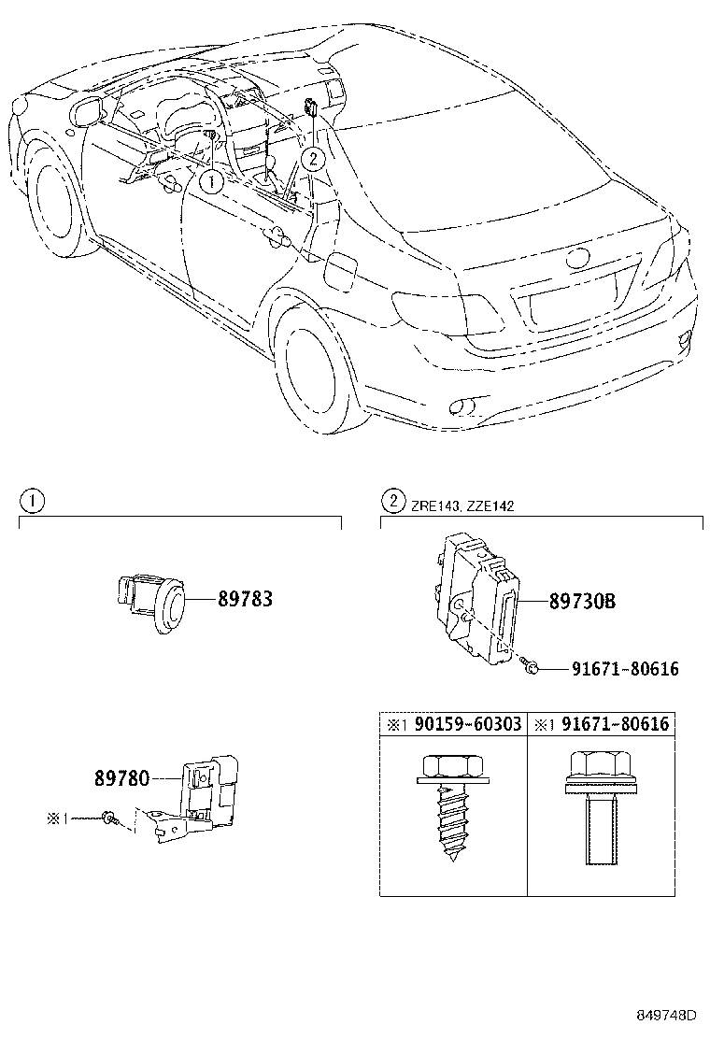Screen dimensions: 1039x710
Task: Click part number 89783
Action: click(245, 599)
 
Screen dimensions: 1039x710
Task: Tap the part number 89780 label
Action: click(121, 777)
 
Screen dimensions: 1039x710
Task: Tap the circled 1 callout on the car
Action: click(212, 181)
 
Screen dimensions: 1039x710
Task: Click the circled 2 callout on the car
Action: click(314, 160)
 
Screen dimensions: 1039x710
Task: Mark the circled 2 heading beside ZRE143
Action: click(392, 501)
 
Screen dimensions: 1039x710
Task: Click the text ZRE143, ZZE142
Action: click(461, 505)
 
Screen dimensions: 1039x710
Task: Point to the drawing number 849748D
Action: click(667, 1016)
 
